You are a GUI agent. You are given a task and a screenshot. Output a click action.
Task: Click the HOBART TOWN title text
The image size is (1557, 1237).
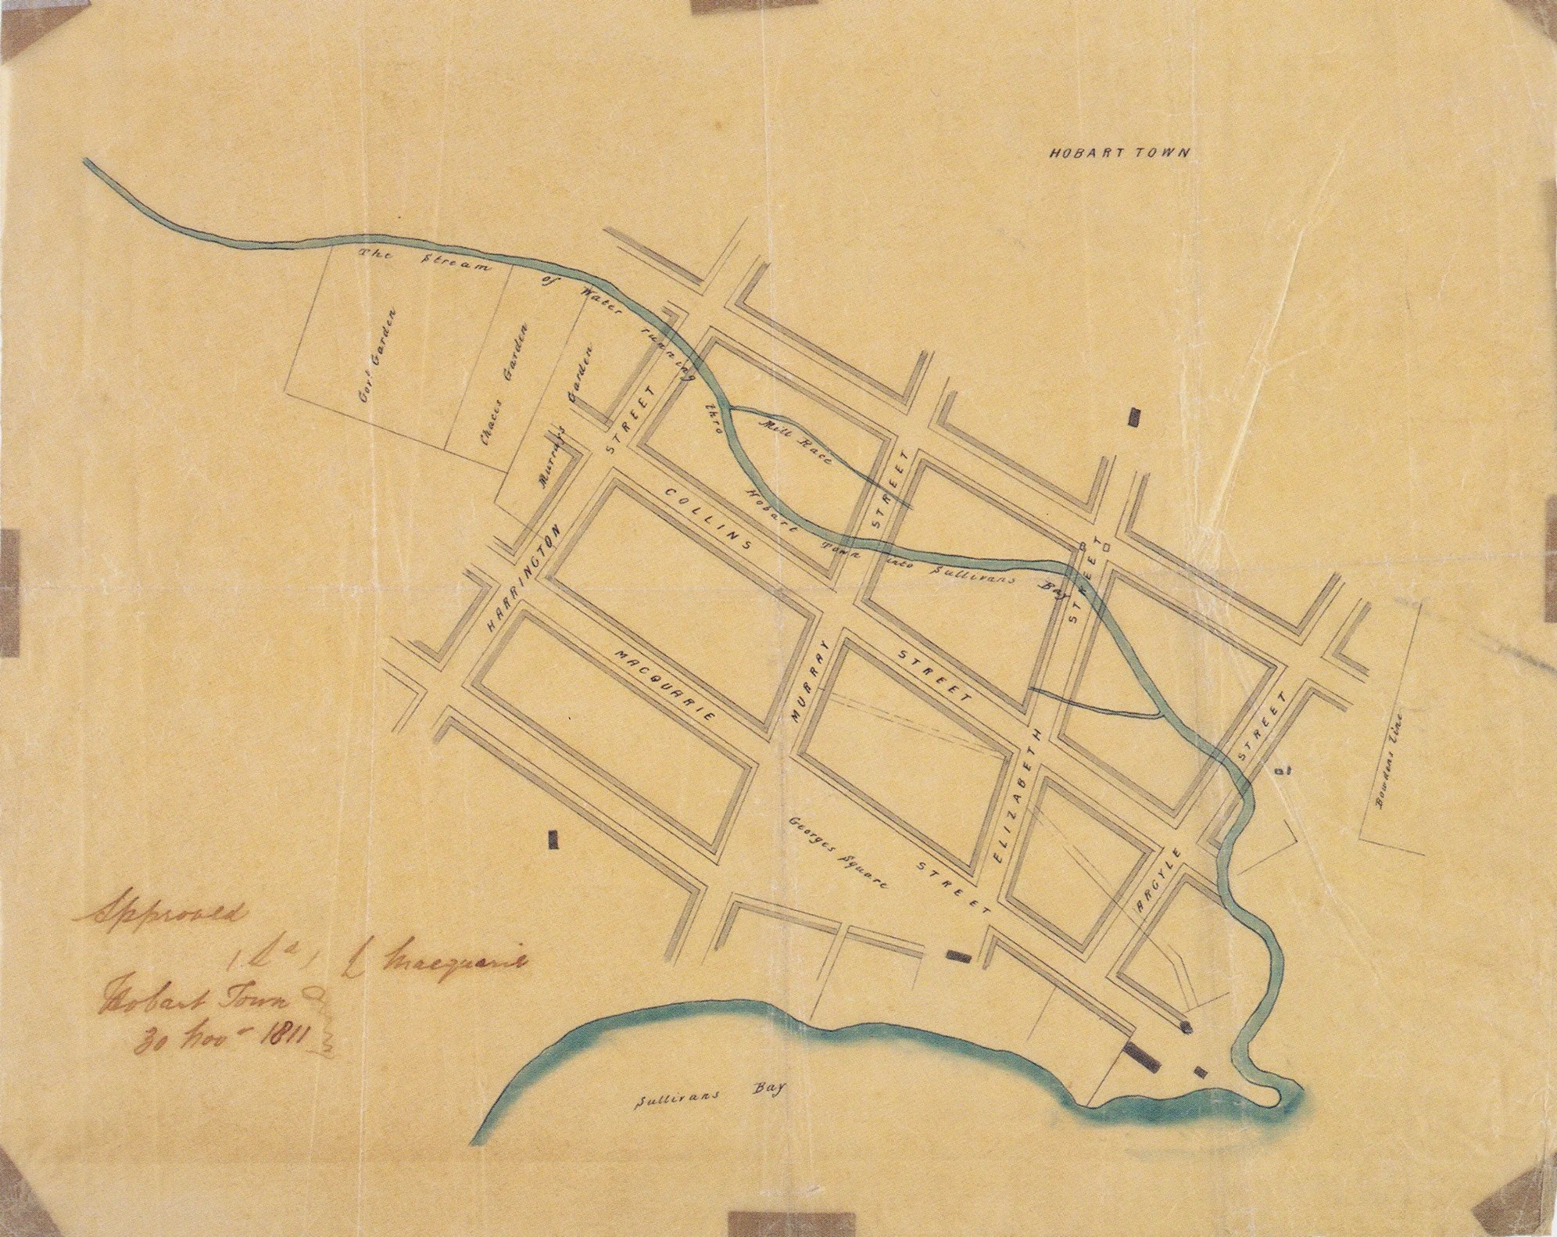(x=1119, y=153)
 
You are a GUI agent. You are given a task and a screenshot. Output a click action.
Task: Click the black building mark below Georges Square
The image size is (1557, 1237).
(x=957, y=956)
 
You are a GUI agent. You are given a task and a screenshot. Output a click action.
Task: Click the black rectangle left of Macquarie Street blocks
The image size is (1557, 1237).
(x=555, y=840)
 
